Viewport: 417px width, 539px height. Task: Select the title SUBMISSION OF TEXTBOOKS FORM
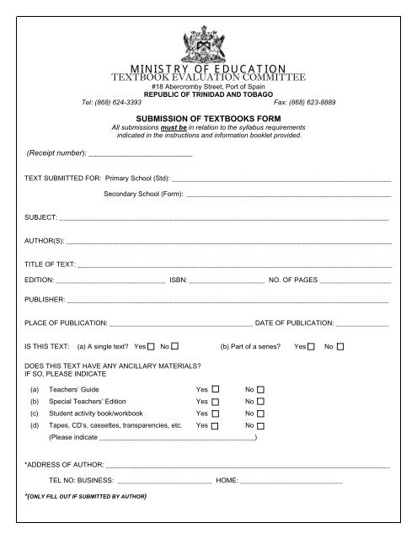click(x=208, y=119)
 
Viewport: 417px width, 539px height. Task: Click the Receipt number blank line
click(x=140, y=154)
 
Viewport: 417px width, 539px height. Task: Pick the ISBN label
click(x=178, y=280)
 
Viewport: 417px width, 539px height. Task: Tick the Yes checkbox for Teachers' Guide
click(x=216, y=390)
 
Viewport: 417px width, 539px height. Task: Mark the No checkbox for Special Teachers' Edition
click(x=260, y=403)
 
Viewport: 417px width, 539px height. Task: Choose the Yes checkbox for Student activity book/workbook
click(x=216, y=414)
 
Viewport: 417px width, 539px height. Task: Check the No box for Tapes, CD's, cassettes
click(x=260, y=427)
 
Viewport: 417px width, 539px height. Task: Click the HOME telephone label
click(x=227, y=480)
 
